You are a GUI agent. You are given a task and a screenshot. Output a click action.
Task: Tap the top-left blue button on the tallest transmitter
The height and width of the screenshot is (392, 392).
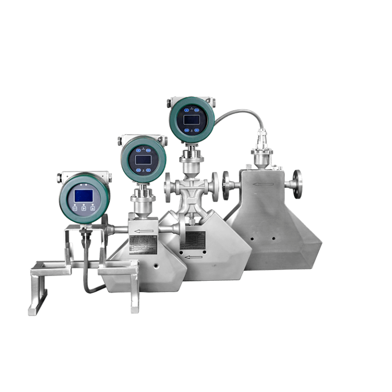point(184,110)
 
